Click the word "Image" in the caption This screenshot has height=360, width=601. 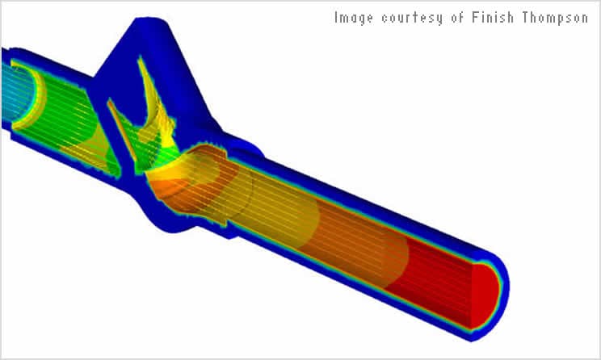tap(353, 18)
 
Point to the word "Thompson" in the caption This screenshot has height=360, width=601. tap(555, 18)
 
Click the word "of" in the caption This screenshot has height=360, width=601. tap(457, 17)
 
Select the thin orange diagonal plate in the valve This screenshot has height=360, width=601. tap(121, 129)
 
